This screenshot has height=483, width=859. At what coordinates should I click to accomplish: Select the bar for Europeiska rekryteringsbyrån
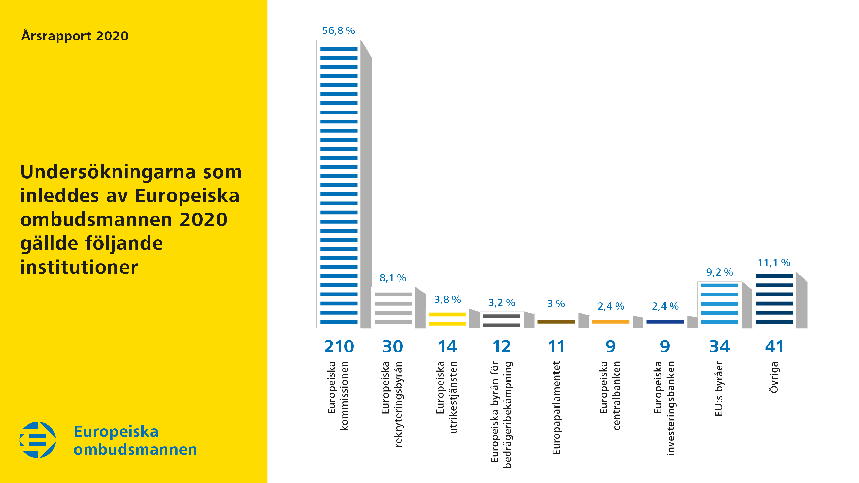point(393,307)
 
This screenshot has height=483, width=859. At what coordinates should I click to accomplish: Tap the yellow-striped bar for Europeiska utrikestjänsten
point(448,318)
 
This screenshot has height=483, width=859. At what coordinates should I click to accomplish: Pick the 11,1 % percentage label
point(774,263)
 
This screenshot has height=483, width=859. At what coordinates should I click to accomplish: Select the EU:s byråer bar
point(720,305)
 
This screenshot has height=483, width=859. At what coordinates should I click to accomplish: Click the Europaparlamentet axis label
point(556,408)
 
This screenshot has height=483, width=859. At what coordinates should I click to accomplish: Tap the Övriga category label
point(774,377)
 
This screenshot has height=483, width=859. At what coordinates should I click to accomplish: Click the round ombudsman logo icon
point(38,440)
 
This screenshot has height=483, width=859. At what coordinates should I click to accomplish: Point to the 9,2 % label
point(720,272)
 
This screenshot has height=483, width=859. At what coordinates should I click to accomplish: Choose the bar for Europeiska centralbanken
point(611,322)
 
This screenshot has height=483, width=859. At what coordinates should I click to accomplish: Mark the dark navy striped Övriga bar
point(774,300)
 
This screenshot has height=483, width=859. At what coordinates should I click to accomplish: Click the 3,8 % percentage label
point(448,300)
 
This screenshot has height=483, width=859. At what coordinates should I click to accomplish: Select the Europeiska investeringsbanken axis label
point(664,408)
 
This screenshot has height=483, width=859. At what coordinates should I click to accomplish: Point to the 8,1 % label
point(393,278)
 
